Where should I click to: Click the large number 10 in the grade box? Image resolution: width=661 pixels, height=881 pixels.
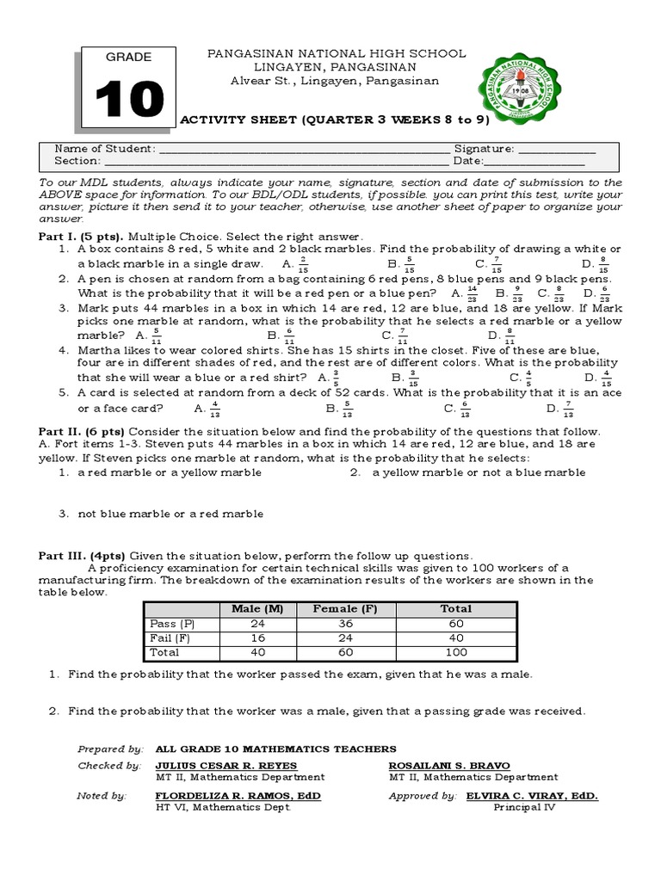click(x=128, y=101)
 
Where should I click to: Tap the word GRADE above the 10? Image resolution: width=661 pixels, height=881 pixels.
click(x=128, y=57)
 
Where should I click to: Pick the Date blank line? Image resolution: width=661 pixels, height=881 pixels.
click(x=535, y=162)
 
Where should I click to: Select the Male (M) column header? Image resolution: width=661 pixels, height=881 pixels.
click(x=257, y=609)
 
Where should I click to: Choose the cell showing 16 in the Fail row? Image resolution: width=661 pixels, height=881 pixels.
click(x=257, y=638)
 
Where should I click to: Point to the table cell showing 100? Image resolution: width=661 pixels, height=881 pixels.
click(x=456, y=653)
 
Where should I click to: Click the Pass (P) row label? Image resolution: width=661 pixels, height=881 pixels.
click(x=172, y=624)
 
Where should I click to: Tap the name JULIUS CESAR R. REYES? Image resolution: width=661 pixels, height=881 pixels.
click(x=225, y=766)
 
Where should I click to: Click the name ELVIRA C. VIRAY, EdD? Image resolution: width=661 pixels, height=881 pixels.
click(x=531, y=796)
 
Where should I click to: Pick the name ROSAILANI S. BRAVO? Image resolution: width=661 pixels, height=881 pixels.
click(x=449, y=766)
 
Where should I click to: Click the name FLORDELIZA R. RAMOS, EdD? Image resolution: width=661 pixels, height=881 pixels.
click(x=238, y=796)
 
